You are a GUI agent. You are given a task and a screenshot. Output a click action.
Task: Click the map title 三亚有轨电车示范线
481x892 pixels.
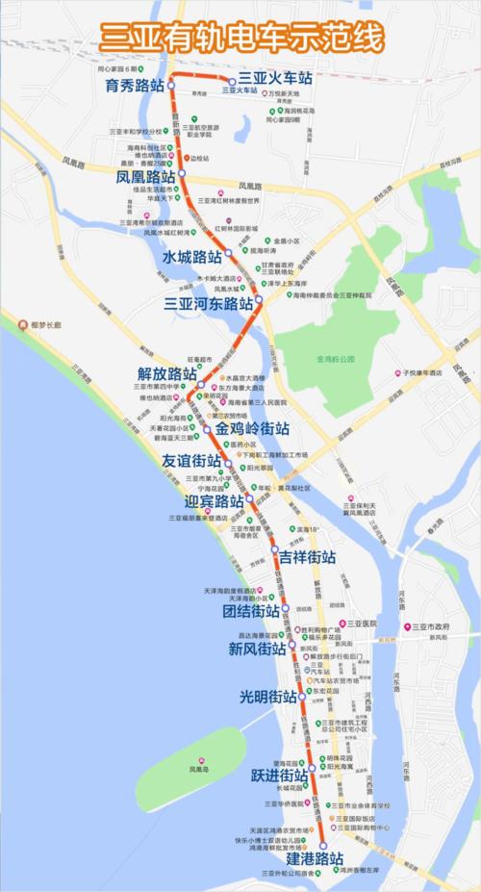point(241,38)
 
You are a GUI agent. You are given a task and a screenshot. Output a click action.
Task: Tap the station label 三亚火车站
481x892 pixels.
point(275,76)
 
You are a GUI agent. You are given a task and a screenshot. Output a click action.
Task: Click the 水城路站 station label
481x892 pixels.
point(191,258)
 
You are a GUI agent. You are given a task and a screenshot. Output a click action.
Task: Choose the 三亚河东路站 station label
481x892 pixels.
point(209,303)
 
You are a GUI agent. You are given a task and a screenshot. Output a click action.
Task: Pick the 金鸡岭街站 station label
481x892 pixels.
point(252,428)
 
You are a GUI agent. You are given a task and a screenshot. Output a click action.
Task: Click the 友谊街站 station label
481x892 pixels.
point(192,462)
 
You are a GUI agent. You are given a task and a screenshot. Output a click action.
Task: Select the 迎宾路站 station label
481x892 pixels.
point(214,501)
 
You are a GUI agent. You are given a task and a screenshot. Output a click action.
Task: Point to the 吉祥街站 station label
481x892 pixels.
point(307,557)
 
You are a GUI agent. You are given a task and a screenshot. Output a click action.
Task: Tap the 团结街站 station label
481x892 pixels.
point(251,611)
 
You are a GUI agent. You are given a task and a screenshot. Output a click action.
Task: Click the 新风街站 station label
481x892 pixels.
point(257,650)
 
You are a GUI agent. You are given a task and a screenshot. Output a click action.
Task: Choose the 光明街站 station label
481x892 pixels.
point(267,696)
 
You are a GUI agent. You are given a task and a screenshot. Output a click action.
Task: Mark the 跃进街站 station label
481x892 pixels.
point(279,775)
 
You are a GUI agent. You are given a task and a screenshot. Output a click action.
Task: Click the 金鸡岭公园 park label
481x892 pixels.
point(335,359)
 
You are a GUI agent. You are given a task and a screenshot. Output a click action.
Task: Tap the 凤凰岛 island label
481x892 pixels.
point(199,770)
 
